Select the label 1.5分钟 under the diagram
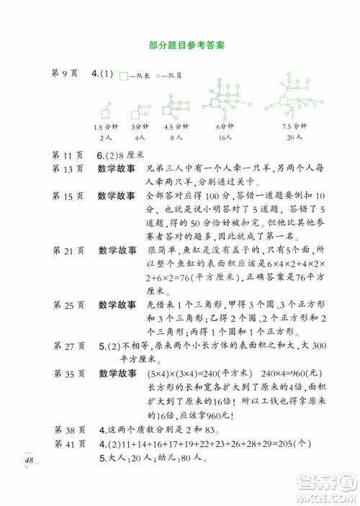click(x=106, y=127)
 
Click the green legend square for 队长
click(x=124, y=75)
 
